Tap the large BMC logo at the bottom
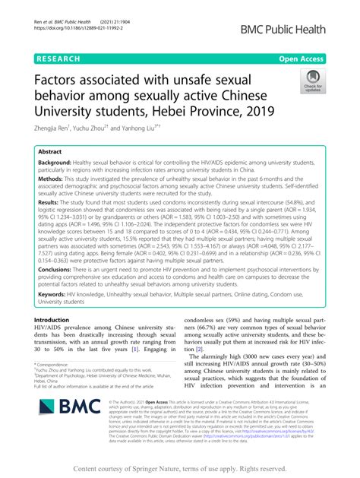point(71,435)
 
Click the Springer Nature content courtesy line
point(179,469)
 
